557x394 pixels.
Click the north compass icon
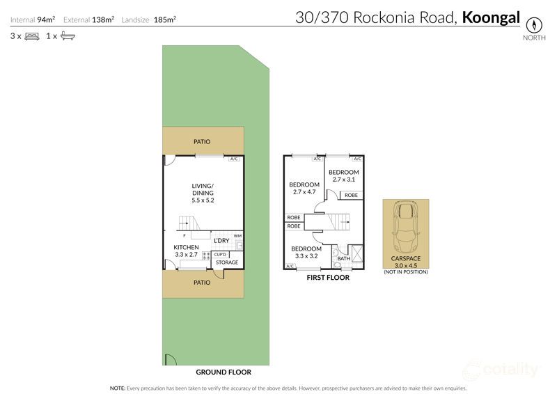point(533,23)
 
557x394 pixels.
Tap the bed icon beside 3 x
point(32,36)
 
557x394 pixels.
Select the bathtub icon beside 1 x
point(68,36)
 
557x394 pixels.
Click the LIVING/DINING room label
point(203,192)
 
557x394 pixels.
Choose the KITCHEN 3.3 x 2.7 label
point(186,251)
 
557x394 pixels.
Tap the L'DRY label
point(221,241)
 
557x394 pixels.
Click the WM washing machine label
point(237,235)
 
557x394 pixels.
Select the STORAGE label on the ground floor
point(226,262)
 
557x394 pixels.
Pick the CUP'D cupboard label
point(220,254)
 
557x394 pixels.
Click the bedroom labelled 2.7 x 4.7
point(304,188)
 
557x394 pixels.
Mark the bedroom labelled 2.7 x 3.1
point(344,175)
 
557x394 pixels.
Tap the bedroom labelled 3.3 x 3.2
point(306,252)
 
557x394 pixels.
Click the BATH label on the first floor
point(343,259)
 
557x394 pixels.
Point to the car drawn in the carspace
point(405,228)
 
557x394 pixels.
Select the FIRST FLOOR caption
point(328,277)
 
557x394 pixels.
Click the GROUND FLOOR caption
point(223,372)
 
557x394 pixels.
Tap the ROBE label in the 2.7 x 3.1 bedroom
point(351,195)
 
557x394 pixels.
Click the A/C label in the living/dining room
point(235,159)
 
